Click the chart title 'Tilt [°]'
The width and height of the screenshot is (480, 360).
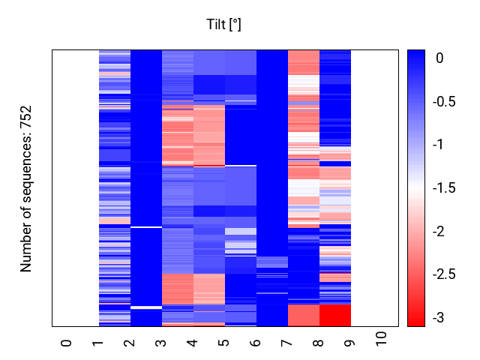pyautogui.click(x=223, y=25)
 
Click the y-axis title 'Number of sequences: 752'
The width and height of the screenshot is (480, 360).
pyautogui.click(x=26, y=188)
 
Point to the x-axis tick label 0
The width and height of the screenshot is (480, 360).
pyautogui.click(x=67, y=343)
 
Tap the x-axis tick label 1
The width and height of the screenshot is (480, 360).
pyautogui.click(x=98, y=343)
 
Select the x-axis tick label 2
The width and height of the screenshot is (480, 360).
pyautogui.click(x=130, y=343)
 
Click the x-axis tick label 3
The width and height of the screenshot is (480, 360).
pyautogui.click(x=161, y=343)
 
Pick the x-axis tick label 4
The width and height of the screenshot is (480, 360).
pyautogui.click(x=193, y=343)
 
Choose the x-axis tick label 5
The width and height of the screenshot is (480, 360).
pyautogui.click(x=224, y=343)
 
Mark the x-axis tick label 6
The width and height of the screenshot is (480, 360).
pyautogui.click(x=256, y=343)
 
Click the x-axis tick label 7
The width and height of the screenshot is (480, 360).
pyautogui.click(x=287, y=343)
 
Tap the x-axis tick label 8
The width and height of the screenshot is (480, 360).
pyautogui.click(x=319, y=343)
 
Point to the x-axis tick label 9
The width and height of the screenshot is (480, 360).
pyautogui.click(x=350, y=343)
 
